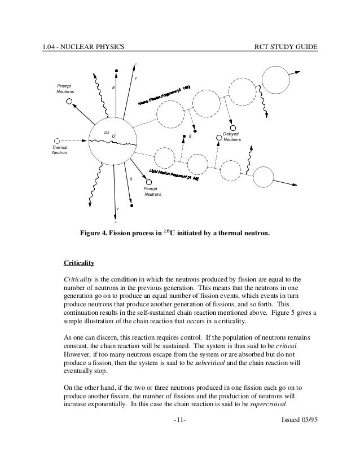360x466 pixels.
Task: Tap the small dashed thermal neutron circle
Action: [x=56, y=140]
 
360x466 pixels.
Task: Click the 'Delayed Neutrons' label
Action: [x=231, y=137]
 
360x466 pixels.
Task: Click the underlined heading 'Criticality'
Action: [x=78, y=263]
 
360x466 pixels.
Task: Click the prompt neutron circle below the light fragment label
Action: [x=149, y=183]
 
